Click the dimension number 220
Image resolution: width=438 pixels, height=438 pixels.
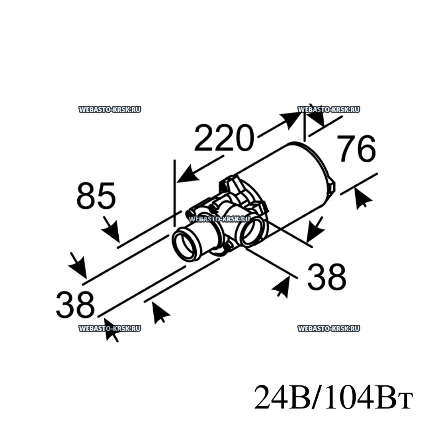(224, 138)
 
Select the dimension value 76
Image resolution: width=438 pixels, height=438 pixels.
(356, 149)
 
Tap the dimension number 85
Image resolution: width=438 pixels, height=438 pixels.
(96, 196)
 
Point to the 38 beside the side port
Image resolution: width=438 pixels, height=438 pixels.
(327, 277)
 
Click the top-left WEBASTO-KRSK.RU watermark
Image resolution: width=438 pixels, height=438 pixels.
(110, 109)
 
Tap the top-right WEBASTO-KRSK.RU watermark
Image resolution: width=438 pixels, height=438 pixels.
(329, 109)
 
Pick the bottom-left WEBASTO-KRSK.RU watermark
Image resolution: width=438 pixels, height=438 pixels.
(110, 328)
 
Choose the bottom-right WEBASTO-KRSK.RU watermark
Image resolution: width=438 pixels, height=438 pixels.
(329, 328)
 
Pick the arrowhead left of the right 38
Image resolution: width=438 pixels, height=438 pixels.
(280, 287)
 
